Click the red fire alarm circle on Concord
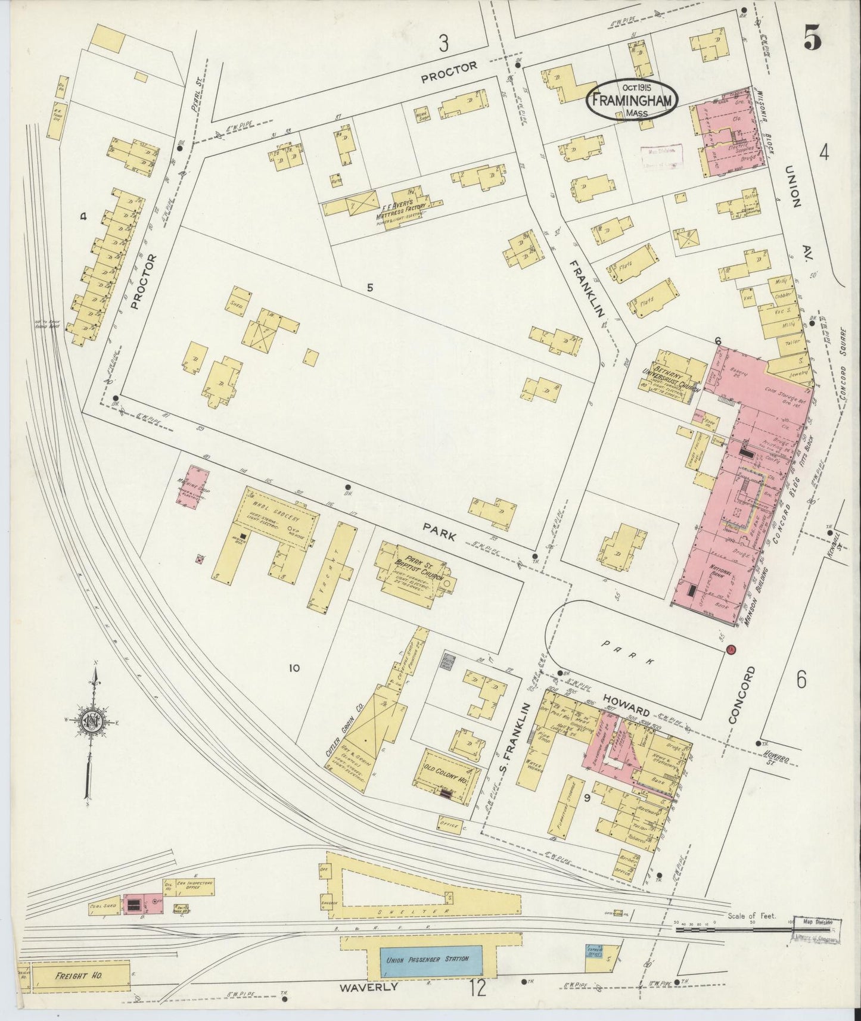(732, 649)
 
